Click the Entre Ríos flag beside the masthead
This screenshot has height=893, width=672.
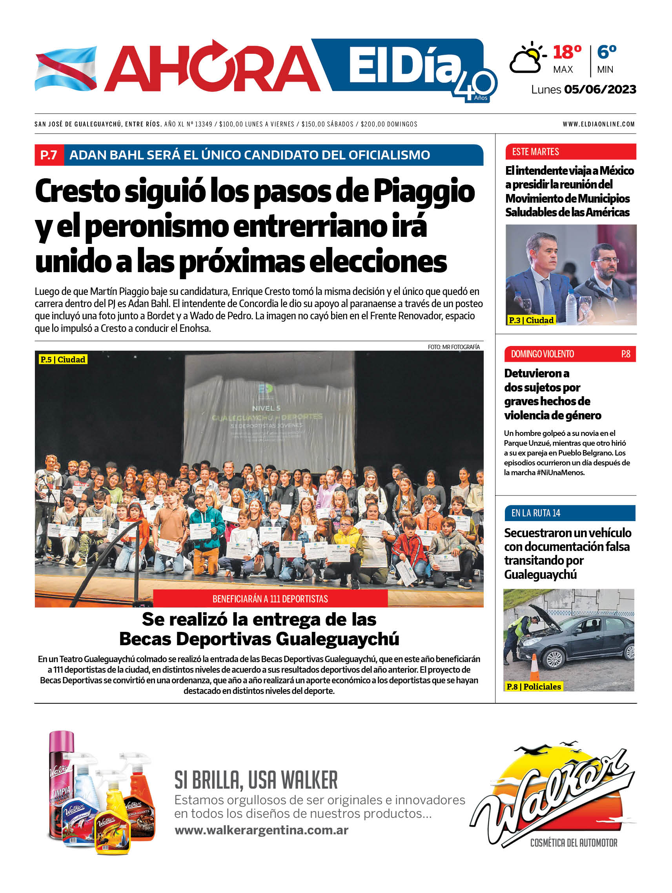click(x=66, y=69)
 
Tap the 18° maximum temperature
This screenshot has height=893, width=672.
click(x=567, y=52)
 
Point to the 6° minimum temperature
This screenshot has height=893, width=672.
click(x=606, y=52)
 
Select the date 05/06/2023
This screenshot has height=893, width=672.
click(x=600, y=89)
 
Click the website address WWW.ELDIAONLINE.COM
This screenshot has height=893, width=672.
click(x=599, y=124)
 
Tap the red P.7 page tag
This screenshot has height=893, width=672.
click(x=49, y=155)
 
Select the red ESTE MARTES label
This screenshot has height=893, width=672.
click(x=535, y=152)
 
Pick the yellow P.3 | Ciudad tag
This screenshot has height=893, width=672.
click(x=531, y=320)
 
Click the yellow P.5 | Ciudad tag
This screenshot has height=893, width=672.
click(x=63, y=359)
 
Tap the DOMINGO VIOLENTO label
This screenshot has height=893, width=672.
click(x=542, y=354)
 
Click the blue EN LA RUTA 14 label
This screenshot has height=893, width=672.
click(x=535, y=513)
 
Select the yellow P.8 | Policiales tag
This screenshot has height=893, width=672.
click(x=533, y=686)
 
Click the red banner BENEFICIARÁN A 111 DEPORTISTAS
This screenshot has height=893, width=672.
click(x=270, y=599)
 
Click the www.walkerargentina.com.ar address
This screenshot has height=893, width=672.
click(x=261, y=830)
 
